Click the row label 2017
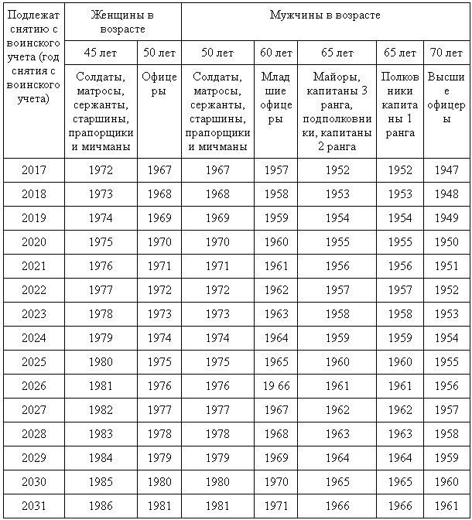tap(33, 169)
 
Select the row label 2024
tap(33, 337)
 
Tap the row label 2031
tap(33, 505)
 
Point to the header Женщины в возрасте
tap(123, 22)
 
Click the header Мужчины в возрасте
tap(325, 15)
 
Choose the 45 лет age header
tap(101, 53)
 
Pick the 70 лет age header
tap(446, 53)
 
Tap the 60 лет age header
tap(276, 53)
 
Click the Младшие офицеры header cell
tap(276, 98)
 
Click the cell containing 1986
tap(101, 505)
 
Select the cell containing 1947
tap(446, 169)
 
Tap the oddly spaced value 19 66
tap(276, 385)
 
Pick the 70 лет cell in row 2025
tap(446, 361)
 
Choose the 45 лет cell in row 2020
tap(101, 241)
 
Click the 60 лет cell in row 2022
tap(276, 289)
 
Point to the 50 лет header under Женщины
tap(159, 53)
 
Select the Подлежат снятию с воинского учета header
tap(32, 58)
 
